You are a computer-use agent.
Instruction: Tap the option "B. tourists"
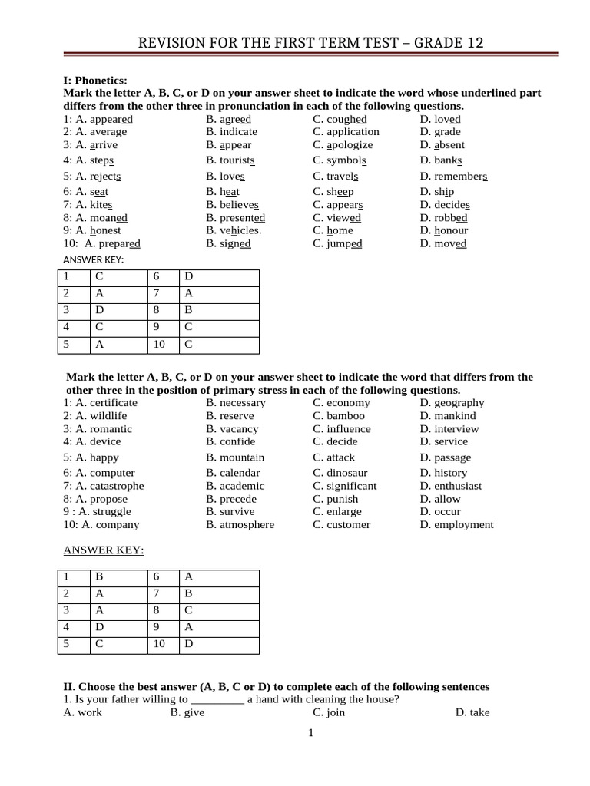230,160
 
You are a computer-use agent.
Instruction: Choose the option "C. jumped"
337,243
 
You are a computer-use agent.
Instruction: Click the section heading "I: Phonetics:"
95,80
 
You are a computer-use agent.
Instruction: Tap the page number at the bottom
310,733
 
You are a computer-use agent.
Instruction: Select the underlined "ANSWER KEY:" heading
103,550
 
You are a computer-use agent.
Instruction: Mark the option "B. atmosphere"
240,525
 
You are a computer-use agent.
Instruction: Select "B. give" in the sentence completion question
187,712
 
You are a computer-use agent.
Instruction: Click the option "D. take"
472,712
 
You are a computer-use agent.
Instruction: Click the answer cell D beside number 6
187,277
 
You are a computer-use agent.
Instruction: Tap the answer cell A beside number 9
187,627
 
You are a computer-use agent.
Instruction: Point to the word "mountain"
242,457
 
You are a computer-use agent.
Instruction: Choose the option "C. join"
329,712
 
